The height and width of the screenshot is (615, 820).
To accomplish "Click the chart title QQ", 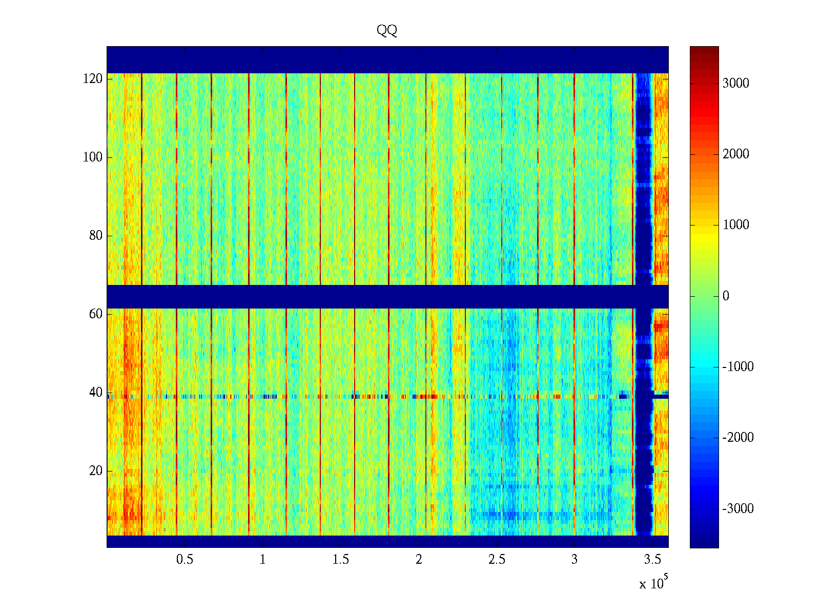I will click(x=387, y=31).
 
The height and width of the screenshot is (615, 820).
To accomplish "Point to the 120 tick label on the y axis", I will click(x=92, y=79).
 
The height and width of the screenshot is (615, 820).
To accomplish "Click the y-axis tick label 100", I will click(x=92, y=157).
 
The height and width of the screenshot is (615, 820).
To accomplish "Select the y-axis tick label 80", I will click(x=95, y=236).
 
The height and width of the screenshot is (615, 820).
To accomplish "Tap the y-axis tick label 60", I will click(x=95, y=314).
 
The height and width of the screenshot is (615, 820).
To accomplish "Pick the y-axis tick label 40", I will click(x=95, y=393).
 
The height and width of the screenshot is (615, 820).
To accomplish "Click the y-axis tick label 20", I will click(x=95, y=471).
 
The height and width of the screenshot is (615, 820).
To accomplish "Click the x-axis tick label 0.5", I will click(x=184, y=560).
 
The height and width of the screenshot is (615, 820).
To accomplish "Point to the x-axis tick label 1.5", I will click(x=340, y=560).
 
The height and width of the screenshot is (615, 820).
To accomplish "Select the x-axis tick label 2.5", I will click(x=496, y=560).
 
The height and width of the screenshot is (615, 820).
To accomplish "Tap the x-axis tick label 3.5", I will click(x=652, y=560).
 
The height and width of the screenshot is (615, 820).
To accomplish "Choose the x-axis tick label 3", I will click(x=574, y=560).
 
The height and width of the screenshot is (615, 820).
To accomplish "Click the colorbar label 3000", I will click(x=735, y=84).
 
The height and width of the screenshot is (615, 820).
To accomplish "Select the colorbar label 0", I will click(x=725, y=296).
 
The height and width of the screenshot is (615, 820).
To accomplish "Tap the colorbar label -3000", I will click(x=737, y=509).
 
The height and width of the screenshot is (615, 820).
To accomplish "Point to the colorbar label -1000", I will click(x=737, y=367).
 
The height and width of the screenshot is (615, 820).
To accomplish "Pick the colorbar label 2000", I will click(x=735, y=154).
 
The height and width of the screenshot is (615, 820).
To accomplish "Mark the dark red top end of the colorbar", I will click(x=704, y=50).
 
